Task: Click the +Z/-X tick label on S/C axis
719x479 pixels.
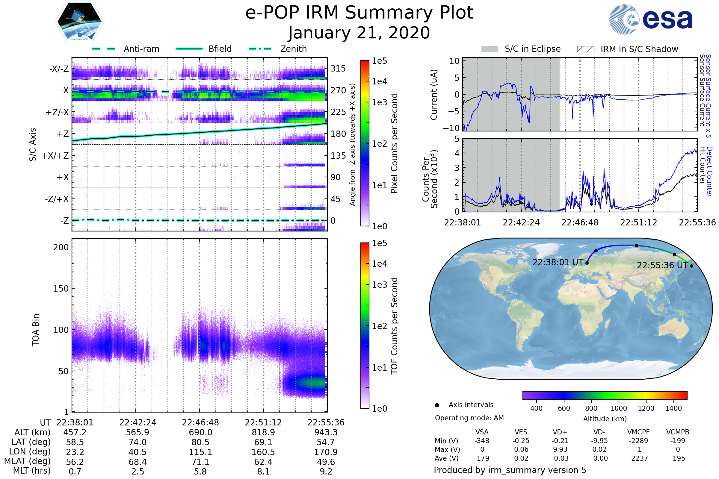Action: (57, 113)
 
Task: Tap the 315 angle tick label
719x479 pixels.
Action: (338, 69)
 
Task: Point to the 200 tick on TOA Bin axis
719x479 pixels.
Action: (61, 247)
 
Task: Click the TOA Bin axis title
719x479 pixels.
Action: (35, 330)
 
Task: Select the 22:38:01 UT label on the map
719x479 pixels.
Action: (558, 263)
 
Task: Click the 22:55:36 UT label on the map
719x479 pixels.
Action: (662, 265)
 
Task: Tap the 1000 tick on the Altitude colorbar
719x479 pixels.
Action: (618, 408)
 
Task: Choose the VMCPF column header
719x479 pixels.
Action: (638, 432)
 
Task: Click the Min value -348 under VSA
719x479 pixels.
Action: (482, 441)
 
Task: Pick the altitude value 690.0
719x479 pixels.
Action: (200, 432)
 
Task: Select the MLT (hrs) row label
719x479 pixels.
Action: (31, 471)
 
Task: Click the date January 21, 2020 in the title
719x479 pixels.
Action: (359, 33)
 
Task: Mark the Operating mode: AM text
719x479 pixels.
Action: (469, 418)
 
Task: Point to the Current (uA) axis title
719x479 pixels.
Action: (434, 95)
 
